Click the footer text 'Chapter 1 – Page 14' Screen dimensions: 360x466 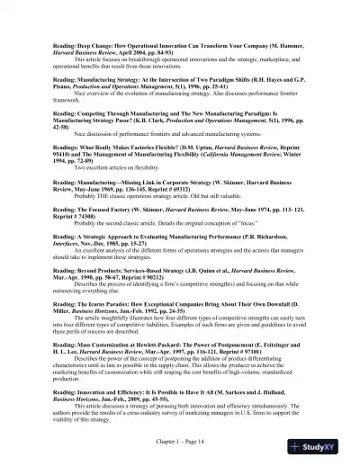[180, 443]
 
